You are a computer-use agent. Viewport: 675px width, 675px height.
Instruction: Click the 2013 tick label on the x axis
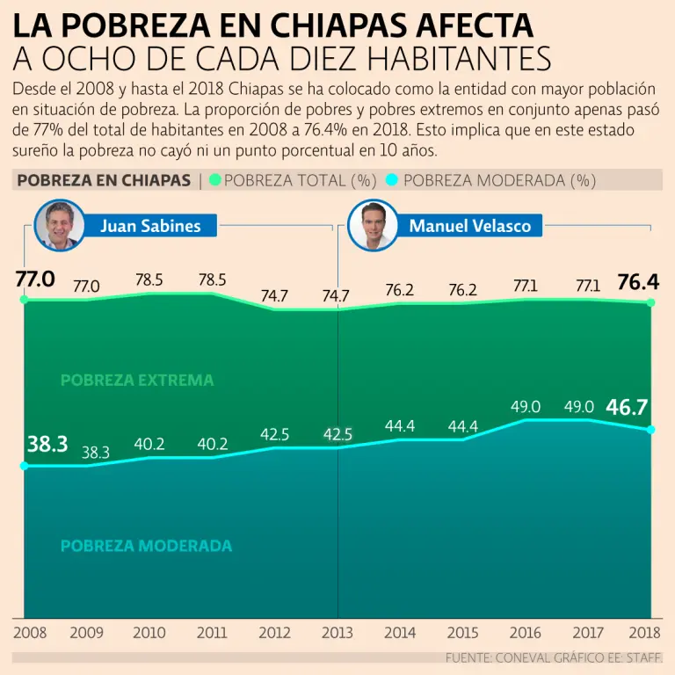(x=337, y=633)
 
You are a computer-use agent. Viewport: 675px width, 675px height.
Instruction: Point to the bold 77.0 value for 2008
(x=35, y=280)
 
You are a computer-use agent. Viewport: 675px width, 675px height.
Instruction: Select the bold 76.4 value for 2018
(x=639, y=282)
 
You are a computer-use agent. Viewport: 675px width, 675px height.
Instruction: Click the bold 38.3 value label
(x=47, y=445)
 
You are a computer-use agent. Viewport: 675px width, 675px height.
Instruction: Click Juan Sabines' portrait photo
(x=60, y=226)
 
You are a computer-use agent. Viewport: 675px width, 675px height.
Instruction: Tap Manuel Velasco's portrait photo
(x=374, y=226)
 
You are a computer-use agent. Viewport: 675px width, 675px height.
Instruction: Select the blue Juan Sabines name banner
(x=150, y=226)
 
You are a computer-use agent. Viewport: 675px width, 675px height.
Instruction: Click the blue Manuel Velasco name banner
(x=469, y=226)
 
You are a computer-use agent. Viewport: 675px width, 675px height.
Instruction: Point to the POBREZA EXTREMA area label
(x=137, y=381)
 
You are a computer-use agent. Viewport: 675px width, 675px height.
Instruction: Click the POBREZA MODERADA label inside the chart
(x=147, y=546)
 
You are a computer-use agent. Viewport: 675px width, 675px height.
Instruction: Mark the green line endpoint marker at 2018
(x=651, y=303)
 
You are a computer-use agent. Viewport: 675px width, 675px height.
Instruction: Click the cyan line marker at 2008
(x=24, y=466)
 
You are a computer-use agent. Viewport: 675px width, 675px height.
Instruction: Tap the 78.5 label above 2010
(x=149, y=281)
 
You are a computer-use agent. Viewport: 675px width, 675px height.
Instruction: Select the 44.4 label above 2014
(x=400, y=426)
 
